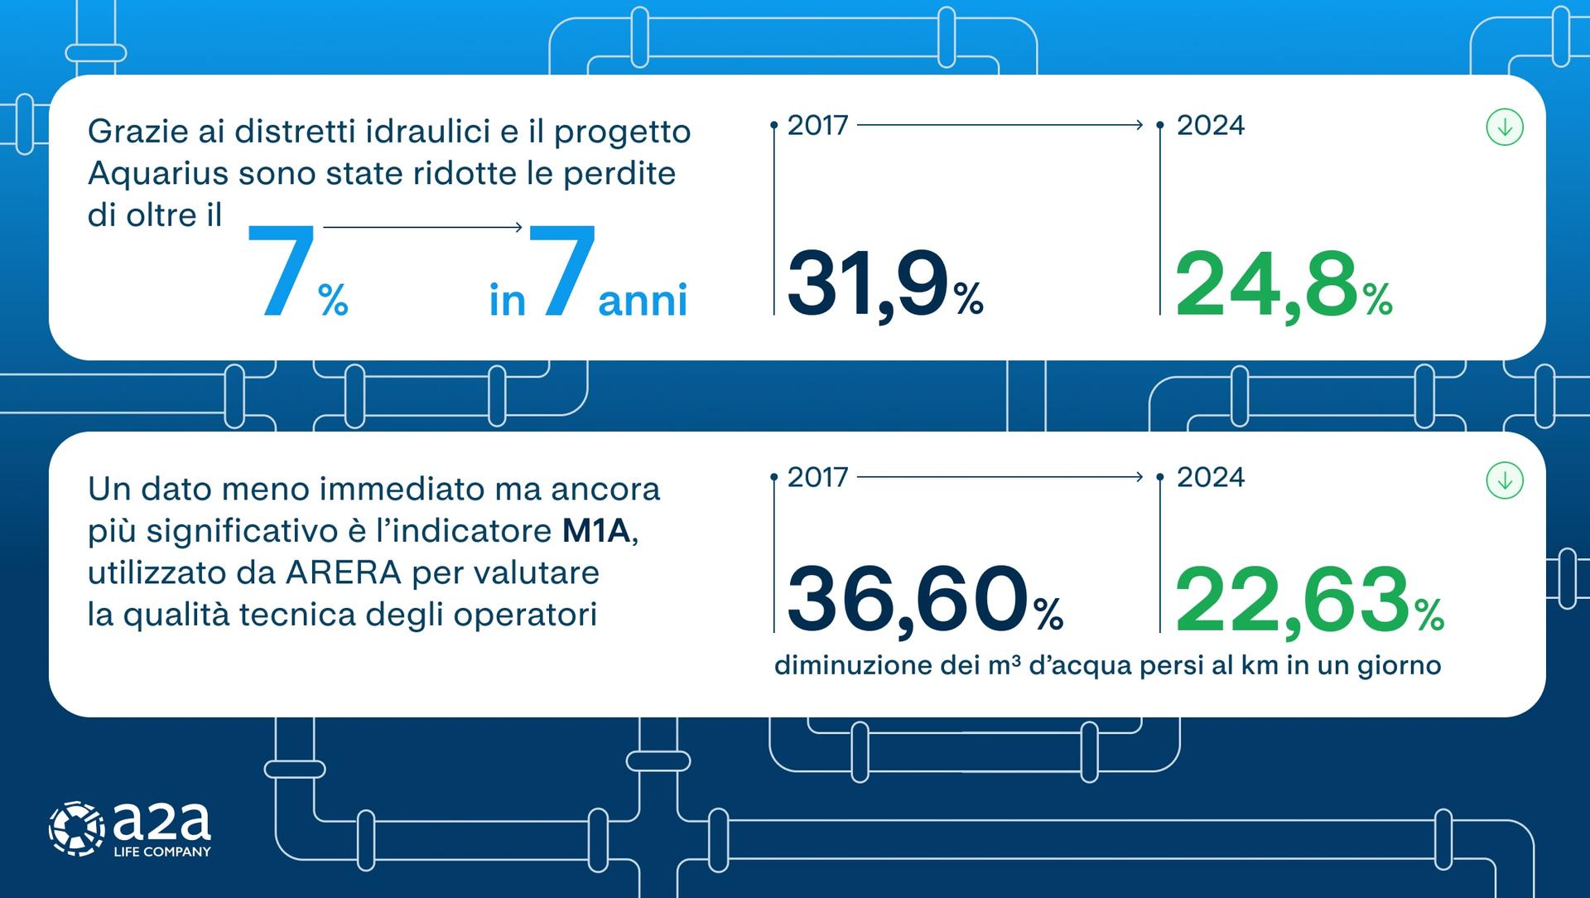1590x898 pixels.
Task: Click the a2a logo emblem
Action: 76,828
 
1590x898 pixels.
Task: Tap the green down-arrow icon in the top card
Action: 1505,128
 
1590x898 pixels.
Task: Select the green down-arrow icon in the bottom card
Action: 1505,480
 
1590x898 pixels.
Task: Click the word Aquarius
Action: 158,174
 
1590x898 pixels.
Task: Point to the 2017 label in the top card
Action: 817,126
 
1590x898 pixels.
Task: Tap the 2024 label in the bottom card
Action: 1210,478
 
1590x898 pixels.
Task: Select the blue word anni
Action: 643,300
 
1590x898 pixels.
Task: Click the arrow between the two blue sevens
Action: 422,227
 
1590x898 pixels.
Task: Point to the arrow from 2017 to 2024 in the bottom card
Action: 1000,477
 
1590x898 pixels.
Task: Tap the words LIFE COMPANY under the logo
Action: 161,852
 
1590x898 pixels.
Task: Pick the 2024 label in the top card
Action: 1210,126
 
